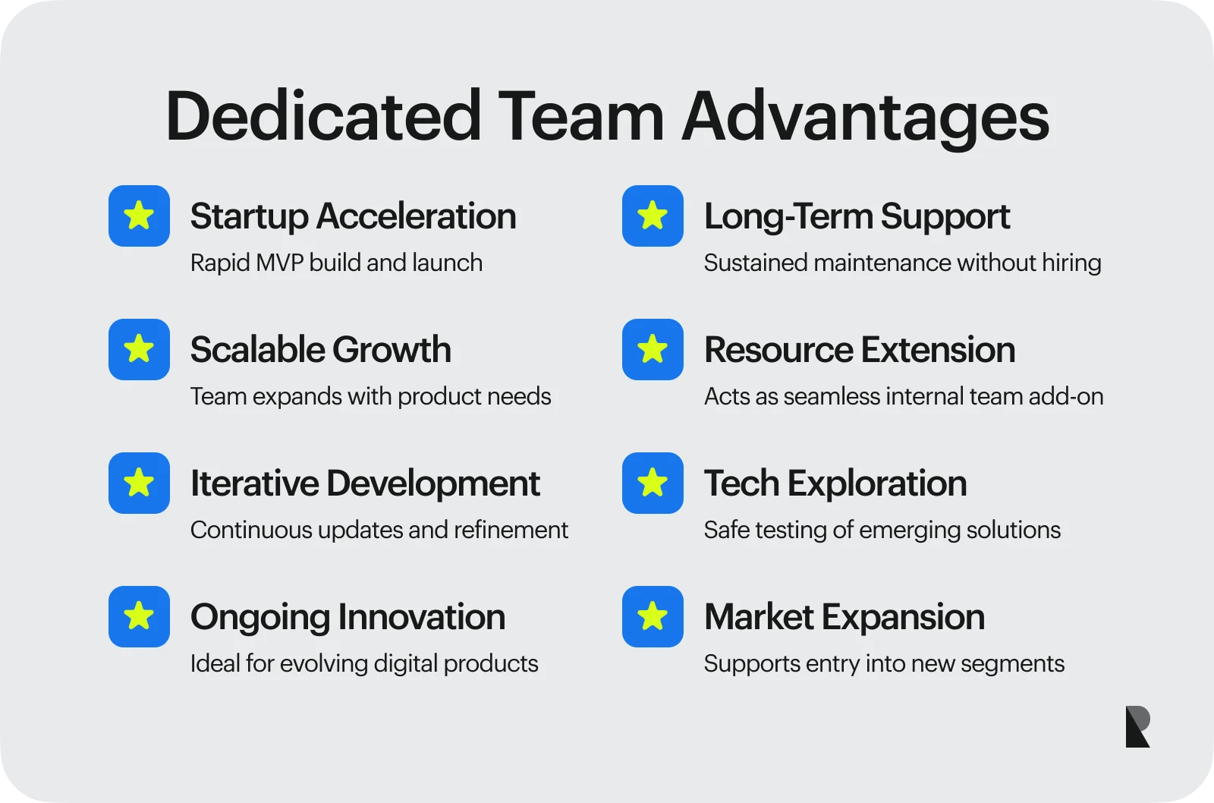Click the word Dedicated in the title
tap(323, 117)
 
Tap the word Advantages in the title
tap(865, 117)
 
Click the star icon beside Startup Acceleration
tap(139, 216)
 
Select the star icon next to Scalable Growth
tap(139, 349)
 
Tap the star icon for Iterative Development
tap(139, 483)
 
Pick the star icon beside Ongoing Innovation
tap(139, 616)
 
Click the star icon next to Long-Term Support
tap(653, 216)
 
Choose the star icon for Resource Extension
tap(653, 349)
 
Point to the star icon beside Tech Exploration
tap(653, 483)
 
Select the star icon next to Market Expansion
tap(653, 616)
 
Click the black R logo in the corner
tap(1137, 726)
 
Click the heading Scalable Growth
tap(320, 350)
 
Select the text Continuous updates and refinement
tap(379, 530)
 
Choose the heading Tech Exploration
tap(835, 483)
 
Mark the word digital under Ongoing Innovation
tap(406, 663)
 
